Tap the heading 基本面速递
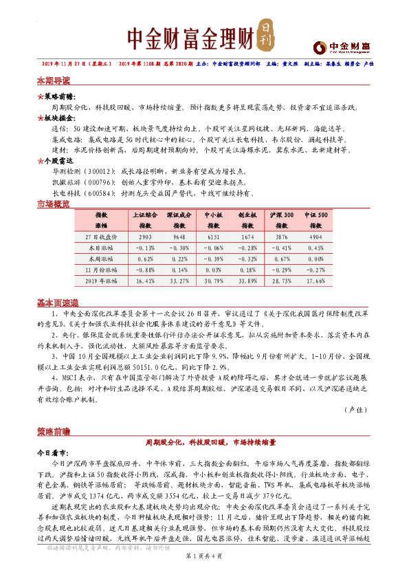coord(56,303)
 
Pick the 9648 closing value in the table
coord(179,237)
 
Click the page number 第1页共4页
coord(204,565)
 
